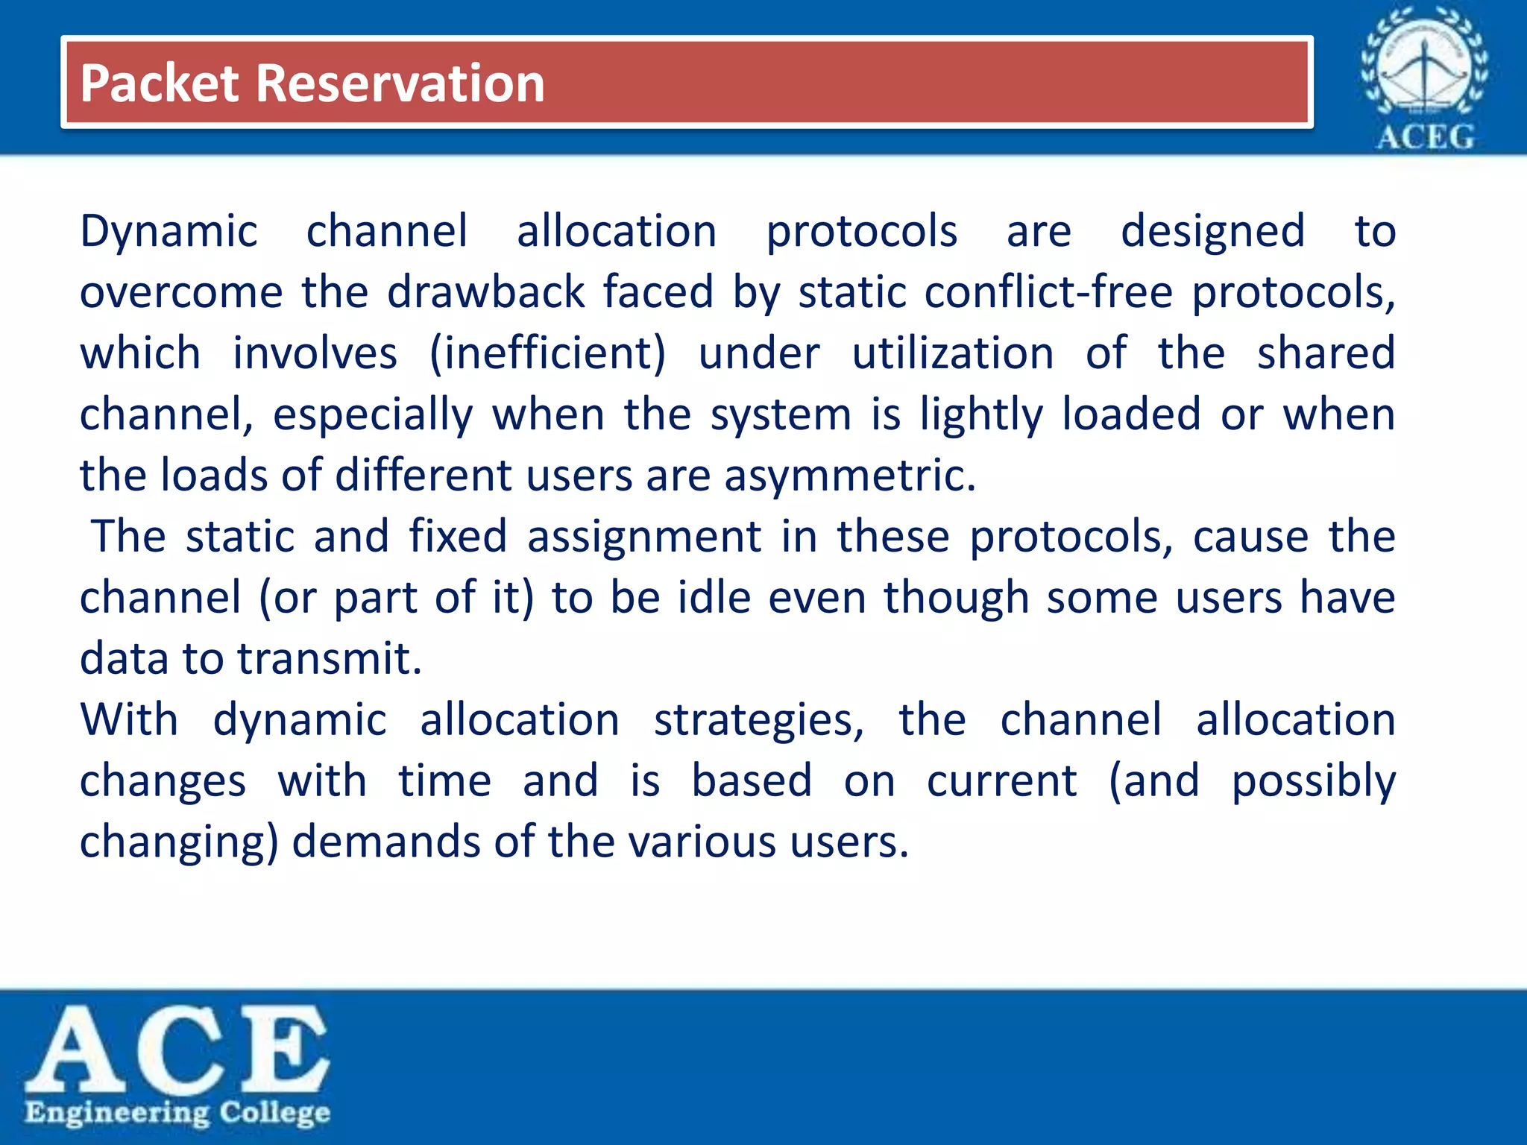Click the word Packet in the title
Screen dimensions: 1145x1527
pyautogui.click(x=159, y=83)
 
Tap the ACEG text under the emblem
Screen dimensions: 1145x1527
pyautogui.click(x=1424, y=138)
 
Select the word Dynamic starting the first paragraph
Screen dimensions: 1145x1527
pyautogui.click(x=169, y=232)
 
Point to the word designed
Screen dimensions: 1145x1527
pyautogui.click(x=1212, y=232)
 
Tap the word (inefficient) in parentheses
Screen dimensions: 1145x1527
pyautogui.click(x=547, y=353)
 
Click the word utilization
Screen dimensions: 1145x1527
pyautogui.click(x=953, y=353)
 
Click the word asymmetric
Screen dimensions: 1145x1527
pyautogui.click(x=849, y=476)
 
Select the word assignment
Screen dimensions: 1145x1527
pyautogui.click(x=644, y=537)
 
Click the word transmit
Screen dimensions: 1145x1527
pyautogui.click(x=330, y=659)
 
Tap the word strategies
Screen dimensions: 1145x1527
pyautogui.click(x=758, y=721)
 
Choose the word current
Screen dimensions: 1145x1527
pyautogui.click(x=1001, y=781)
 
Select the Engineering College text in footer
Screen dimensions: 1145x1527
pyautogui.click(x=177, y=1113)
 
